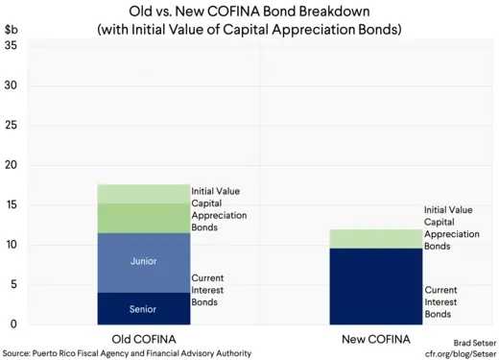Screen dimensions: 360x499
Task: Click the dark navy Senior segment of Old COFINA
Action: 143,308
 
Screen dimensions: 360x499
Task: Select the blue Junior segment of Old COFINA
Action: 143,262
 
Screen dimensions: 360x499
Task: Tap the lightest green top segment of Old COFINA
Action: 143,193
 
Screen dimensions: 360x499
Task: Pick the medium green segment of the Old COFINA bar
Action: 143,218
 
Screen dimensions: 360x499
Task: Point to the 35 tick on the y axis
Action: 11,46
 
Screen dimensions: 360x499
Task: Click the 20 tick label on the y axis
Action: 11,165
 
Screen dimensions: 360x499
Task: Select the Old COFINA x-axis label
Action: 143,339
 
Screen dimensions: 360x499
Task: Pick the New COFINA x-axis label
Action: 376,339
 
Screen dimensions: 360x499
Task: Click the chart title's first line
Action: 249,12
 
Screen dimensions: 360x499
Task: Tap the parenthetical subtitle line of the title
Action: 249,30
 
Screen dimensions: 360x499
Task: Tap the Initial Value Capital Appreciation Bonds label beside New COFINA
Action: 448,228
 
